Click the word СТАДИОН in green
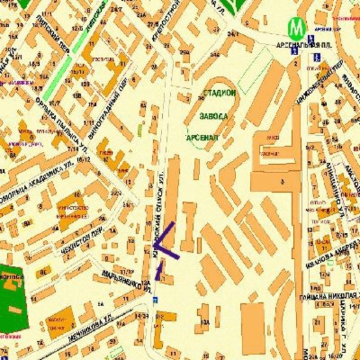click(219, 94)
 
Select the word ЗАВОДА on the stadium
click(215, 116)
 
